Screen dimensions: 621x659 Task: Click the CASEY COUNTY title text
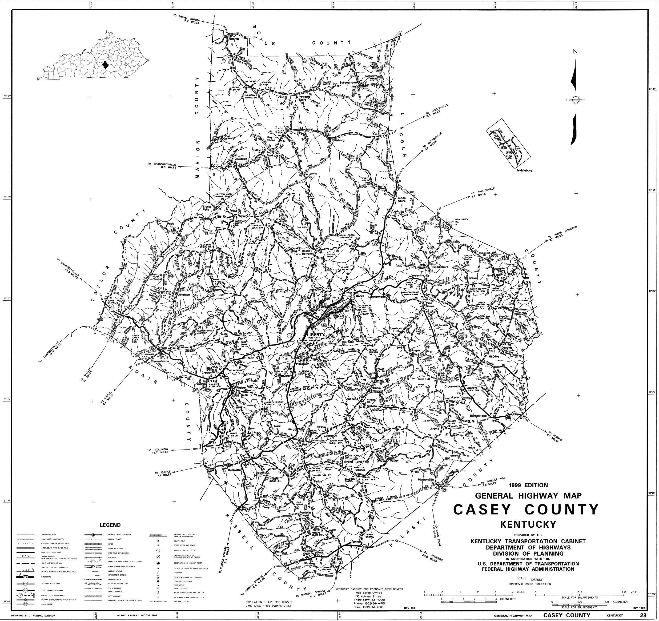526,509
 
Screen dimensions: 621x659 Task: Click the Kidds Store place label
402,199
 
